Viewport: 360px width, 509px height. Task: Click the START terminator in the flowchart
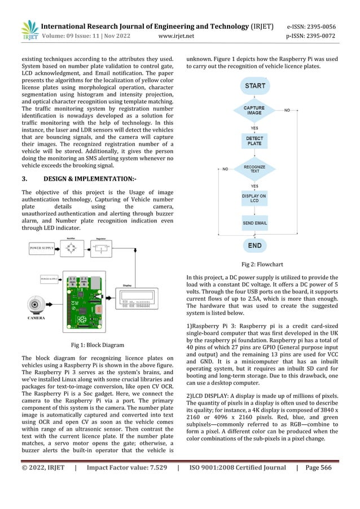pos(254,86)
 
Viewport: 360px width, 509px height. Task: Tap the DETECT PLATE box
pos(254,141)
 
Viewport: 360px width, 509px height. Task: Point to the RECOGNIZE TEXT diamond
pos(254,168)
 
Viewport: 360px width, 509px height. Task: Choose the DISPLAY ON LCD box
pos(254,198)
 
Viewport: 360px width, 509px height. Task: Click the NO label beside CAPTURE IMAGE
pos(287,109)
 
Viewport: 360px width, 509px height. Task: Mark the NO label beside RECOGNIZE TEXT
pos(225,168)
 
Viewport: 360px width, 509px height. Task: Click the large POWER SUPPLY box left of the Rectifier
pos(42,248)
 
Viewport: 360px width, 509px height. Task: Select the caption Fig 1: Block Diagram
pos(98,345)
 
